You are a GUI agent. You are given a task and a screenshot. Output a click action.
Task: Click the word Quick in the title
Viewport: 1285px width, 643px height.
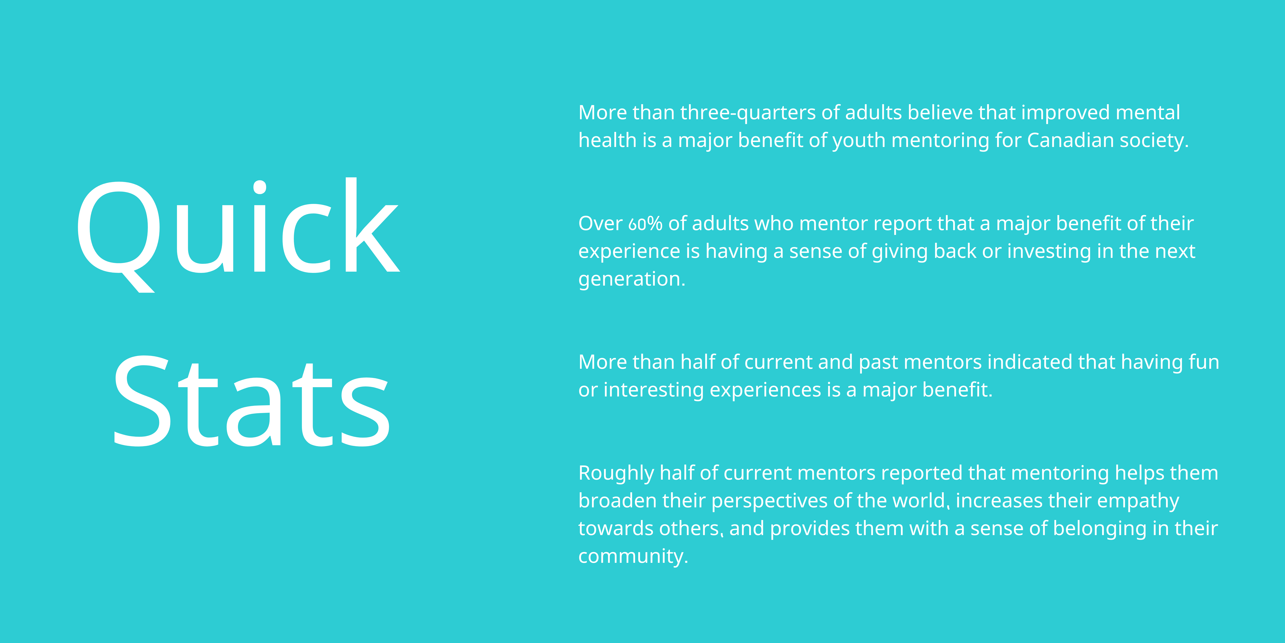tap(238, 235)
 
